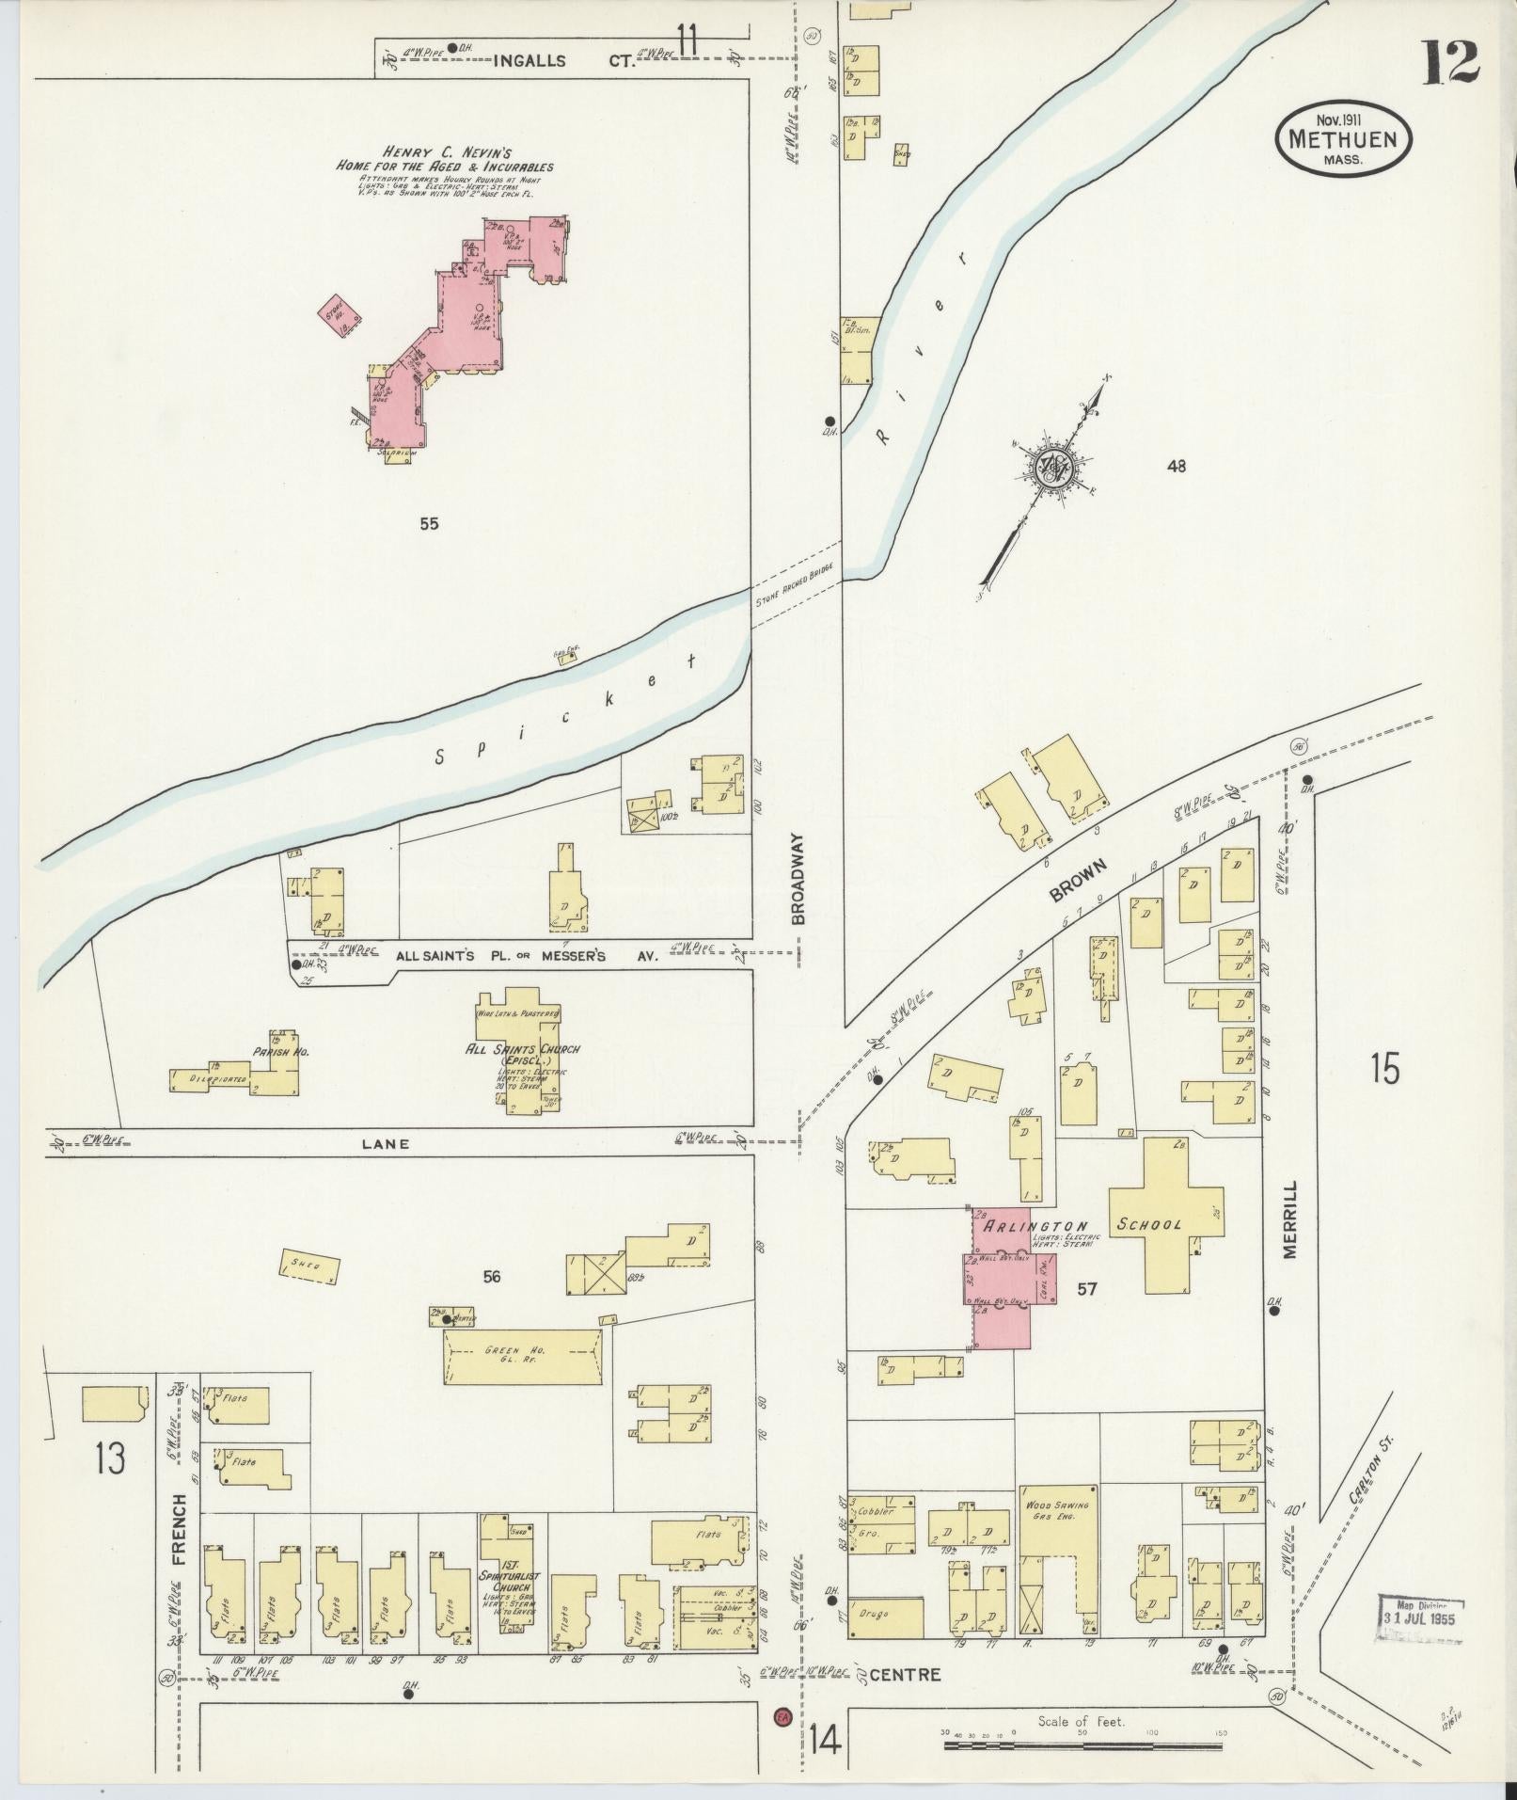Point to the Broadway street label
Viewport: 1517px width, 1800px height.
coord(798,878)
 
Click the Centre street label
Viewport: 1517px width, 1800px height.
coord(904,1676)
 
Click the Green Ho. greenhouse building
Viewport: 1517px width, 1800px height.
coord(524,1356)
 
